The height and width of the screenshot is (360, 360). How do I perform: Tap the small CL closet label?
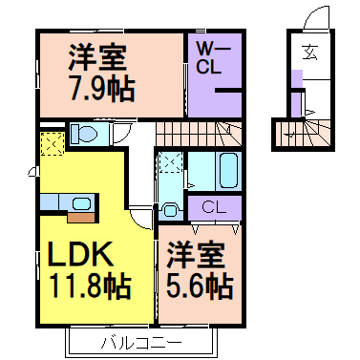pyautogui.click(x=213, y=206)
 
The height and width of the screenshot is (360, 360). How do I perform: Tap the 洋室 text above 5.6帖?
pyautogui.click(x=200, y=254)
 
